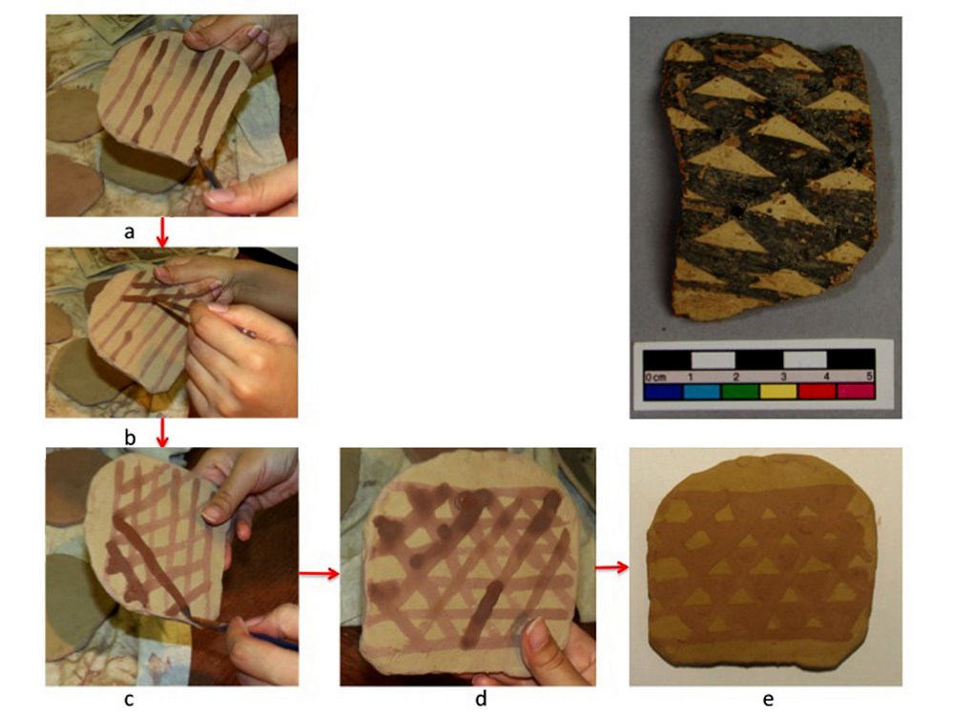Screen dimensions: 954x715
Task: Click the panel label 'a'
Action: [129, 232]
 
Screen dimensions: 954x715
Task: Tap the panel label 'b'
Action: [130, 438]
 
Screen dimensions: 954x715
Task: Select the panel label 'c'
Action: [129, 700]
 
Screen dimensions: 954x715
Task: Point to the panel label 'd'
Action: [481, 699]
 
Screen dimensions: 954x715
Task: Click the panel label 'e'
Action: [768, 700]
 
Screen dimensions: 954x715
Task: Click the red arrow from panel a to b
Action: [162, 233]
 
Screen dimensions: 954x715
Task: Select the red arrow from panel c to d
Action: [319, 573]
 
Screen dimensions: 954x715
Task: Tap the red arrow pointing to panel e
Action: [612, 567]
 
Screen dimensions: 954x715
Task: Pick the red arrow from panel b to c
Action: [162, 432]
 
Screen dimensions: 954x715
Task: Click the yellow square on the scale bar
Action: [778, 391]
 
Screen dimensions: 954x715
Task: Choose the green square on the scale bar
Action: [740, 391]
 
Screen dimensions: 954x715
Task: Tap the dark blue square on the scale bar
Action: [663, 391]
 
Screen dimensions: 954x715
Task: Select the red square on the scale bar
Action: [817, 391]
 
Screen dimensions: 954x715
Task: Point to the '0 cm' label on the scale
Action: [656, 377]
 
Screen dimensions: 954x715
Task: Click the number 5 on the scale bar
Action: [870, 377]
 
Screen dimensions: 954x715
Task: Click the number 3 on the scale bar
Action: [783, 377]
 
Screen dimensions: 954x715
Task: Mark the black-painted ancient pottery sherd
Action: [769, 177]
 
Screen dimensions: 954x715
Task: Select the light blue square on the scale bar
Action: [701, 391]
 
